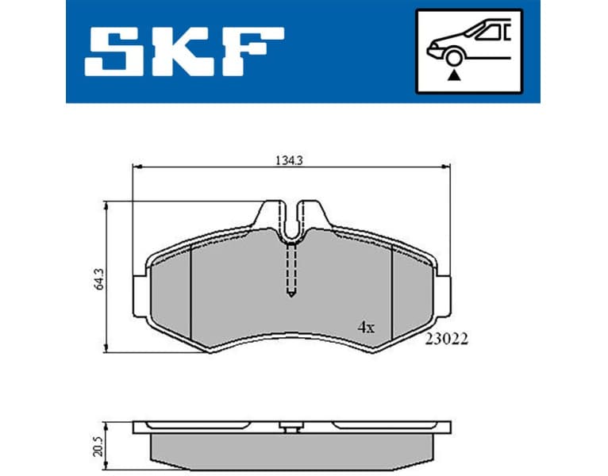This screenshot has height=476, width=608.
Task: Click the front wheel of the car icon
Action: tap(454, 57)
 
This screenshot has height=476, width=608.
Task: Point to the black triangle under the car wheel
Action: tap(454, 75)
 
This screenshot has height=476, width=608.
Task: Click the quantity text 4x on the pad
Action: tap(366, 327)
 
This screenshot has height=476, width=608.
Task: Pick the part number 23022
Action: tap(447, 339)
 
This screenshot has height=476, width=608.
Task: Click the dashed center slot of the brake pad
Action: tap(291, 270)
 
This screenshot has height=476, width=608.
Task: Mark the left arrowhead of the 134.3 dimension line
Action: tap(136, 167)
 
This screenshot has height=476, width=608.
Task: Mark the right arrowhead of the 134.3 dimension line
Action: tap(446, 167)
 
